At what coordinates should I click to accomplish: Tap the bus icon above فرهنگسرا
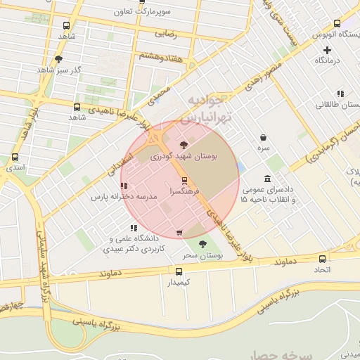pos(184,180)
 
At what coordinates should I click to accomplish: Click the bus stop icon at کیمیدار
pos(178,271)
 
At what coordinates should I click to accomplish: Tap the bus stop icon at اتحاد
pos(321,259)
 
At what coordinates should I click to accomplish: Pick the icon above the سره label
pos(263,138)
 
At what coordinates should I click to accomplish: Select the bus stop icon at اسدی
pos(15,157)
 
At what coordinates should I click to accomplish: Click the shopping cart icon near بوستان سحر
pos(180,233)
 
